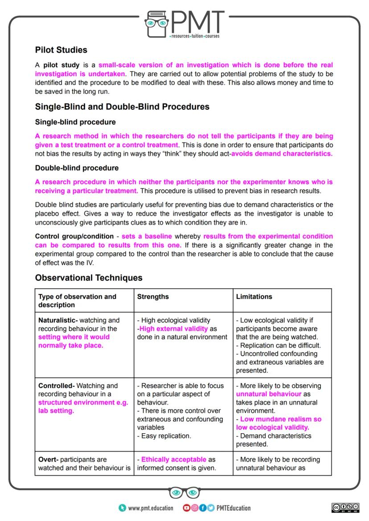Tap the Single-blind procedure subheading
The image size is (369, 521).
click(x=75, y=122)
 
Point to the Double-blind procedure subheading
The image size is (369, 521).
click(x=77, y=168)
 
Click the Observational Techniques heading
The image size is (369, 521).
click(x=89, y=278)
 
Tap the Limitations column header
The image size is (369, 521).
click(x=254, y=296)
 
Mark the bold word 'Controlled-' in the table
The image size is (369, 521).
click(x=56, y=386)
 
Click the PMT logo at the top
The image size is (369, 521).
click(x=184, y=23)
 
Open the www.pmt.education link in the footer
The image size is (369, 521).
click(x=150, y=508)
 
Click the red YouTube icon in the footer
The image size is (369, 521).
click(x=186, y=508)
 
